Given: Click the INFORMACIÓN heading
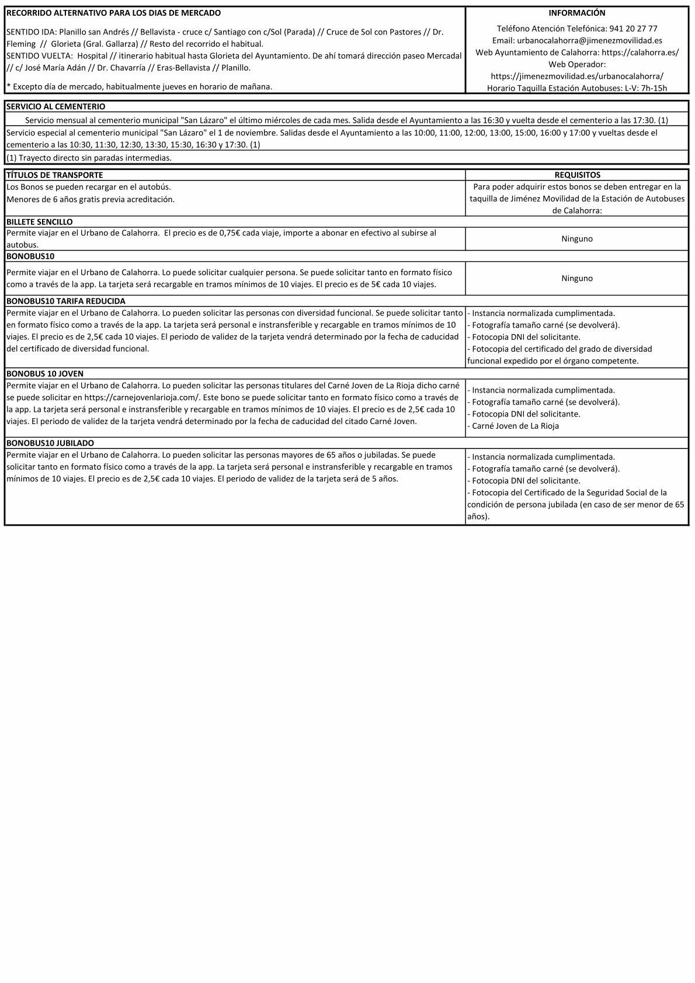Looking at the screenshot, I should tap(576, 13).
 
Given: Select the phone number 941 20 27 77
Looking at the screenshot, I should tap(633, 29).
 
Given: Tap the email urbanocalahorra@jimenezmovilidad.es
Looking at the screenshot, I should tap(589, 41).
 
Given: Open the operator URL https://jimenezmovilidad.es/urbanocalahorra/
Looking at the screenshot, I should tap(576, 77).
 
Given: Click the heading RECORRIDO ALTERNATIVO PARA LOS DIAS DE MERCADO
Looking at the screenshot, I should tap(113, 13).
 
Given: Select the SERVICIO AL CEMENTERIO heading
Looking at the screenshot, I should tap(56, 107).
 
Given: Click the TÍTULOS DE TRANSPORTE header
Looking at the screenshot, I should tap(54, 175).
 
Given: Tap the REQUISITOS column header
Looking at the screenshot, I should tap(576, 175).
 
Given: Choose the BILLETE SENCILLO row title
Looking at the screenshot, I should tap(40, 222).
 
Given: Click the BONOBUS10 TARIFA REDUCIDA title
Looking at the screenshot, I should tap(65, 301).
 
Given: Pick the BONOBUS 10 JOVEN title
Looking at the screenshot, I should tap(44, 374).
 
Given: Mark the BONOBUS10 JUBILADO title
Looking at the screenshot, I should tap(50, 443).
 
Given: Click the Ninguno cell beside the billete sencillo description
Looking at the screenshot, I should tap(576, 239).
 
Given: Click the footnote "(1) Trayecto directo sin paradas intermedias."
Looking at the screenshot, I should tap(89, 158).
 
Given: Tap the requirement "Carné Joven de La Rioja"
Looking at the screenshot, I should tap(515, 426).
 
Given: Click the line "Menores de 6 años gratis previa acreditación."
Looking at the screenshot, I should tap(91, 199).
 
